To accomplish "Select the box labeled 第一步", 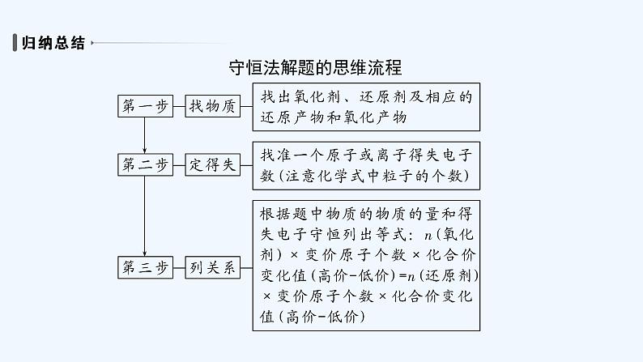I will coord(145,106).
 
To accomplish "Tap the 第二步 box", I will coord(145,164).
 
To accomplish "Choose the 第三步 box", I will coord(145,267).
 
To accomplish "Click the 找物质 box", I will coord(213,106).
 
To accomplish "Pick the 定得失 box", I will coord(213,164).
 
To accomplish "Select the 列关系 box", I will coord(213,267).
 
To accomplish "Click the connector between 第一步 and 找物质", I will coord(179,106).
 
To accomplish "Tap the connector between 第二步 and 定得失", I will coord(179,164).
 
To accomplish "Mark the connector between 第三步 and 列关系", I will coord(179,267).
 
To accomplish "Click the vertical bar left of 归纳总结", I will coord(16,44).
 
